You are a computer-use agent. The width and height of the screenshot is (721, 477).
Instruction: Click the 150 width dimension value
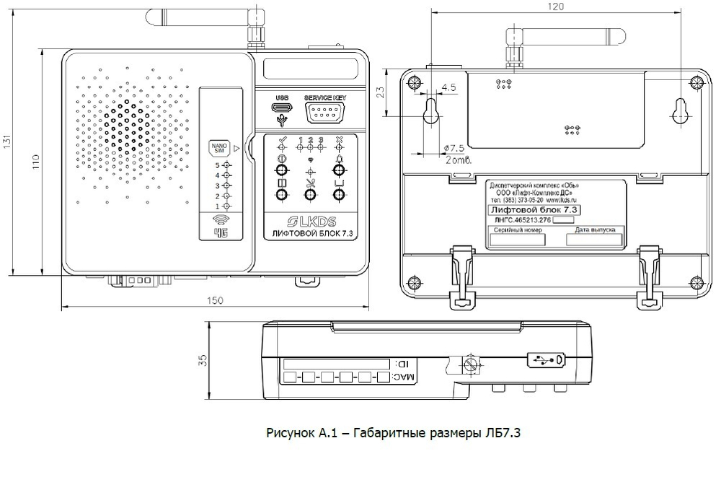(213, 300)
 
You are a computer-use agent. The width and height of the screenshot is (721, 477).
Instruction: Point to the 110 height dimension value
(35, 165)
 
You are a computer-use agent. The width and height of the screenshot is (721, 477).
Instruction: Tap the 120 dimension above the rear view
(554, 6)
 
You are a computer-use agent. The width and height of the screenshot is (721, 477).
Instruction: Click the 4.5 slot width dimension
(448, 87)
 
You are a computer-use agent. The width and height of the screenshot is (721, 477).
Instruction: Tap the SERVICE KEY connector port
(324, 112)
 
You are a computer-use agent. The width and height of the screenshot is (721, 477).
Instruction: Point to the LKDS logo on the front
(312, 220)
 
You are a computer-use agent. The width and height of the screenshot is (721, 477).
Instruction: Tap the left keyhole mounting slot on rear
(433, 110)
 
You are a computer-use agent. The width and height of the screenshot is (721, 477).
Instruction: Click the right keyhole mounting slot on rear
(679, 110)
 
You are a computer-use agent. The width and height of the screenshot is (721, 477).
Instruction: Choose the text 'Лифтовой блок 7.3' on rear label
(533, 209)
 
